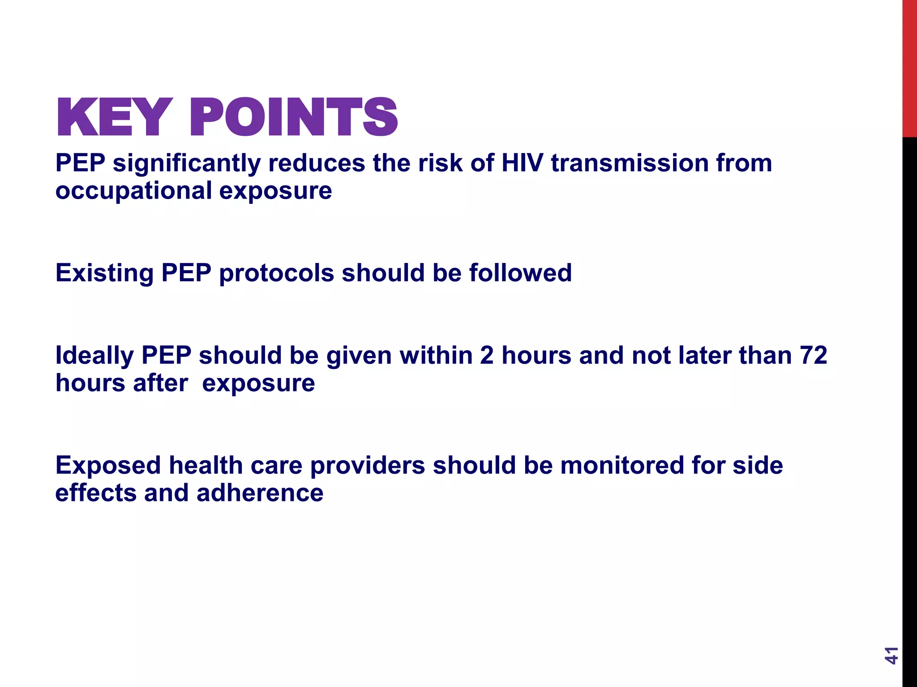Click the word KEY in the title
(x=114, y=117)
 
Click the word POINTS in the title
(x=294, y=117)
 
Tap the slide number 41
(x=891, y=655)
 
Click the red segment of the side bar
(x=909, y=67)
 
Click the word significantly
(x=187, y=164)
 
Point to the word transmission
(x=630, y=163)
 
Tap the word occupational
(x=133, y=191)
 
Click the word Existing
(x=104, y=273)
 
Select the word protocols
(x=276, y=273)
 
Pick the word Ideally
(x=94, y=356)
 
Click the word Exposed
(x=108, y=465)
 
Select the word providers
(x=367, y=465)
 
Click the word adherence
(x=260, y=493)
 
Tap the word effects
(x=96, y=493)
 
